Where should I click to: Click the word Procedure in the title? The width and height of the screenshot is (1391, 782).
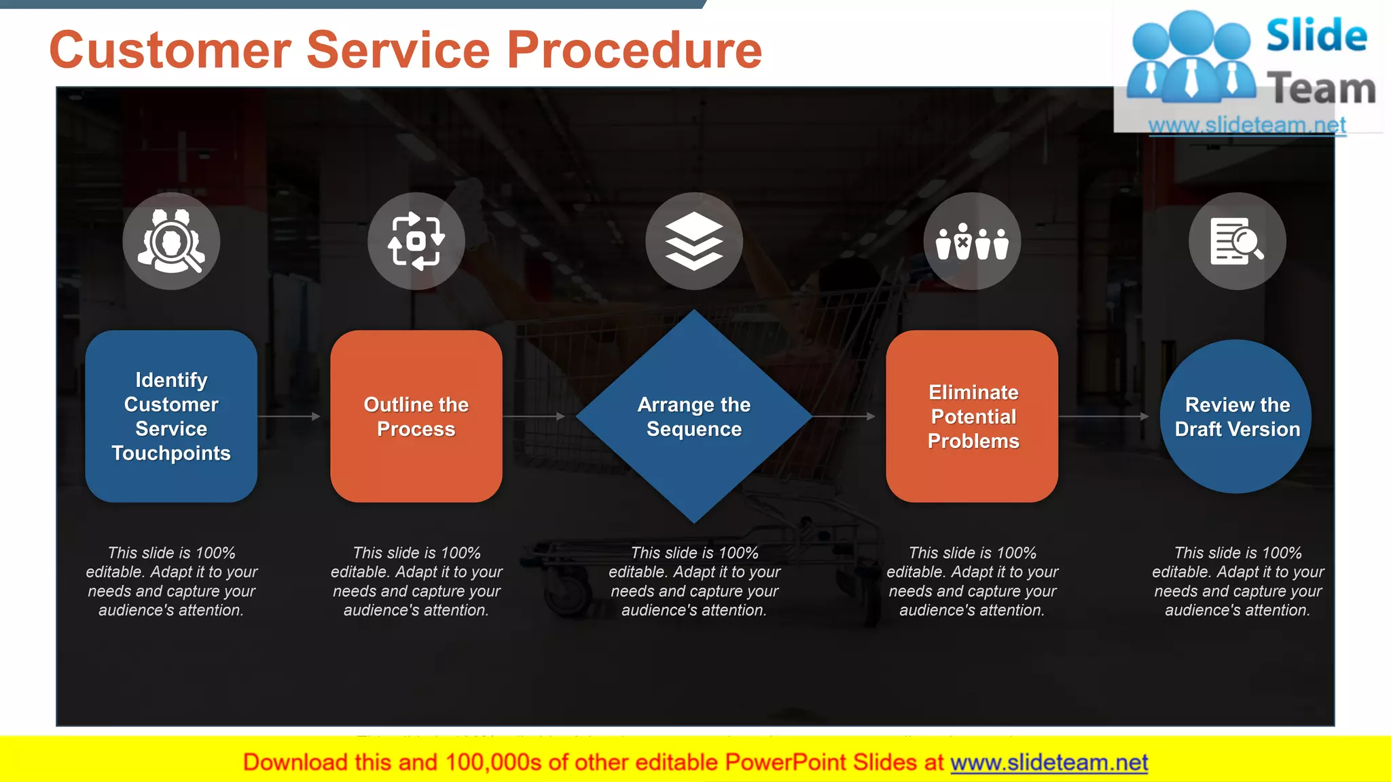coord(634,50)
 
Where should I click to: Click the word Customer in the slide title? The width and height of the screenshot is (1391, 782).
coord(170,50)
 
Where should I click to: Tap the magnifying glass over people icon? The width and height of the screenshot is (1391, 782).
coord(171,241)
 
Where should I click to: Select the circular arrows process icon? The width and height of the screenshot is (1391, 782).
coord(416,241)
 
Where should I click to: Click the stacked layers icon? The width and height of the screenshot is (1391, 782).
coord(693,241)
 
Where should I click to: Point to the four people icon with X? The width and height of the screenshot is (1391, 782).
coord(972,241)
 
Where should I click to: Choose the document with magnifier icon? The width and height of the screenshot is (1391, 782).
coord(1237,241)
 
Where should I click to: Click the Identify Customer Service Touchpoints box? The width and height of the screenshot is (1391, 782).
coord(171,415)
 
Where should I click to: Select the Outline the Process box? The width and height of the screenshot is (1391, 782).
coord(416,415)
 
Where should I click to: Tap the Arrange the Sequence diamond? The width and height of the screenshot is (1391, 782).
coord(693,415)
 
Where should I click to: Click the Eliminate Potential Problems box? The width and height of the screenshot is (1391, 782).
coord(972,415)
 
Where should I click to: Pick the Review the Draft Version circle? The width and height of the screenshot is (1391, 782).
coord(1236,415)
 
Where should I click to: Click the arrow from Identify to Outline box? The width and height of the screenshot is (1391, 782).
coord(289,416)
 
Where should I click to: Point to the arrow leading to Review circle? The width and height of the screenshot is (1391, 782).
coord(1104,416)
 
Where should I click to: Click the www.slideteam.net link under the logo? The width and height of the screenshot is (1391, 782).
coord(1247,125)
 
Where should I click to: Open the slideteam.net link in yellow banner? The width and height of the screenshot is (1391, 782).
coord(1049,762)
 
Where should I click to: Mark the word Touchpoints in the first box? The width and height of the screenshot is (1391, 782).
coord(171,453)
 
